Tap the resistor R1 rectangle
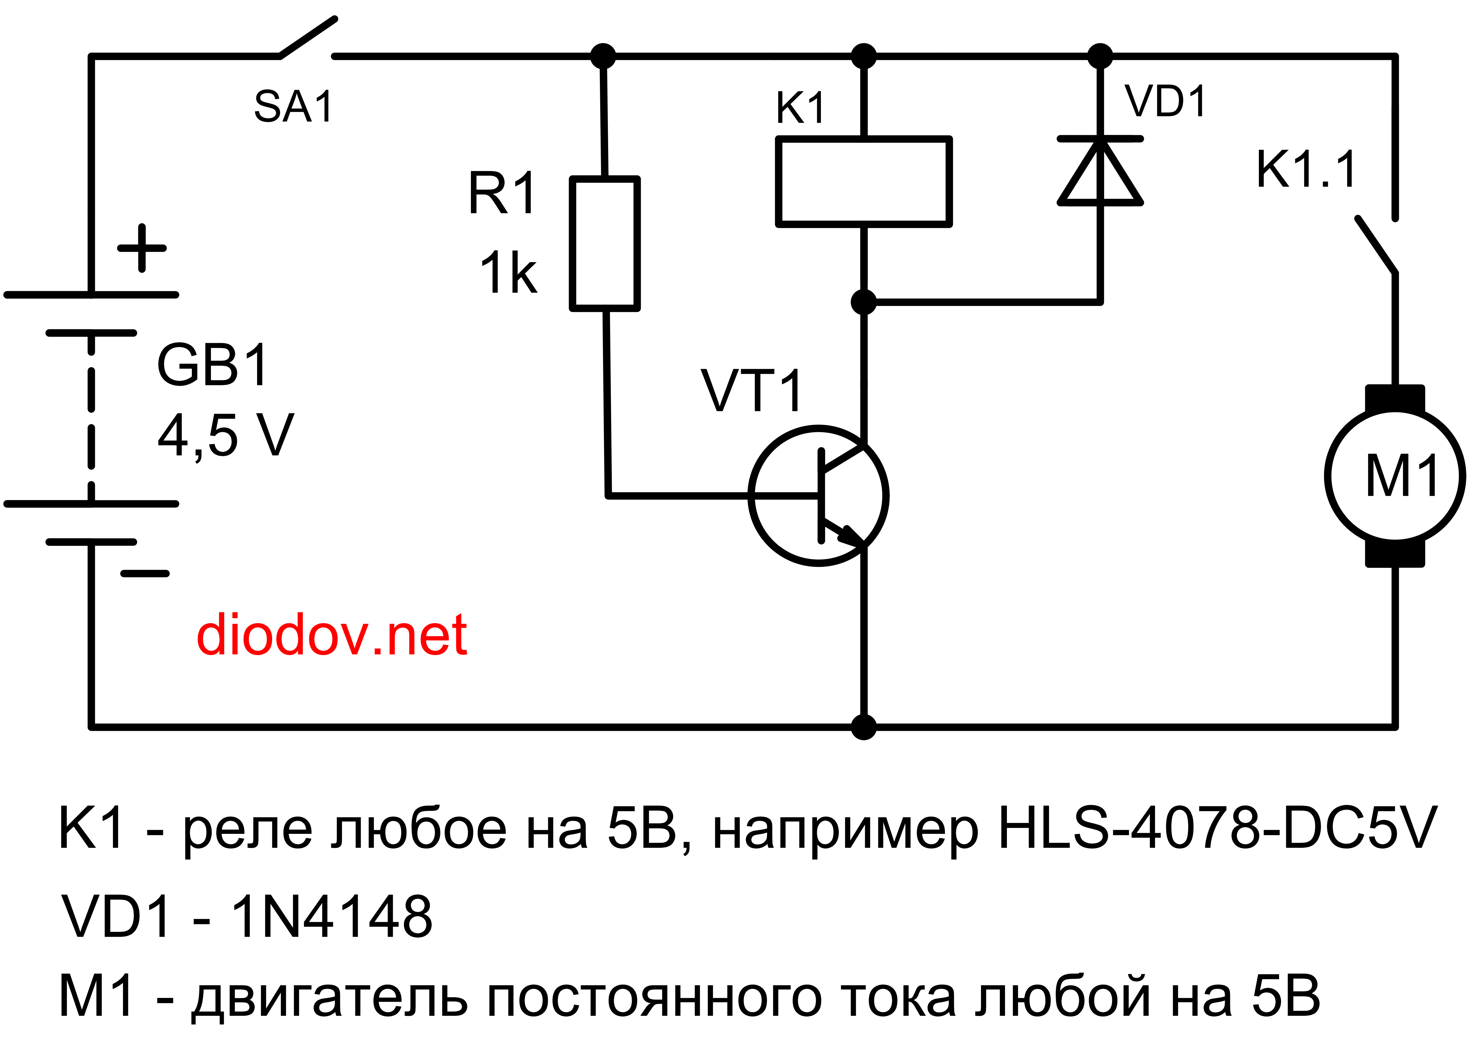[605, 244]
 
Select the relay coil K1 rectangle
[864, 182]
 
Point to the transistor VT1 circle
[819, 496]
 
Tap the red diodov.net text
[331, 636]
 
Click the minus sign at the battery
[145, 573]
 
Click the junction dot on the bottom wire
[864, 727]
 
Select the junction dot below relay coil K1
[864, 302]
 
